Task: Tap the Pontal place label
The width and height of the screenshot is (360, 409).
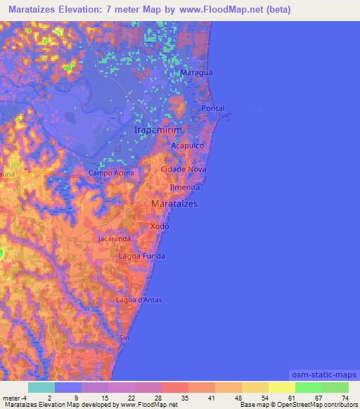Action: (x=213, y=108)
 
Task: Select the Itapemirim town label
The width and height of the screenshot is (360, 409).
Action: (x=158, y=131)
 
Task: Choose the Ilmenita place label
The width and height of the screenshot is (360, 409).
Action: (x=185, y=188)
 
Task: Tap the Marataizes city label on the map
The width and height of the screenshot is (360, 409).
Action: (x=174, y=203)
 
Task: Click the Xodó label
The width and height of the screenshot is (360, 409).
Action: (x=160, y=226)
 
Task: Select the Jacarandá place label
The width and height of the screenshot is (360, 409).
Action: (x=115, y=239)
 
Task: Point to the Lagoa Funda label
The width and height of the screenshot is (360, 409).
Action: (x=142, y=256)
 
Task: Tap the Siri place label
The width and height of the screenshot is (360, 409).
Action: (x=126, y=338)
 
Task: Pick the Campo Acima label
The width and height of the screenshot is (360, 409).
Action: (x=110, y=173)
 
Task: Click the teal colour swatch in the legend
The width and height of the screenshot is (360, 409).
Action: (x=41, y=387)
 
